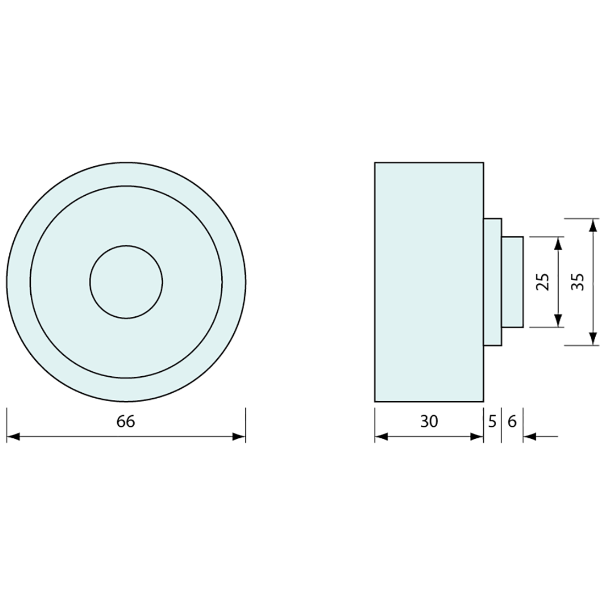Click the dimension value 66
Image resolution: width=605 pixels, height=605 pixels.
125,422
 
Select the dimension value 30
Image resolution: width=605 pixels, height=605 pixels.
429,422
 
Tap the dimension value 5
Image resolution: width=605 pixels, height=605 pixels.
492,422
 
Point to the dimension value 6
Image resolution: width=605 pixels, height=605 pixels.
512,422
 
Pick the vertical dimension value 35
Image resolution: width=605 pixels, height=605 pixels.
578,282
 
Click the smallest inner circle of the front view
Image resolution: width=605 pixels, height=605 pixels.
126,282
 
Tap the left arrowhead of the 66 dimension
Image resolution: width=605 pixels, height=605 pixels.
13,437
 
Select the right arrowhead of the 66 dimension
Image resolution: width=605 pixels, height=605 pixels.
239,437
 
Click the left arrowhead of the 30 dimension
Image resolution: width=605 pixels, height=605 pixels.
381,437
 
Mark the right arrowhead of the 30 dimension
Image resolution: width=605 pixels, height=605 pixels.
477,437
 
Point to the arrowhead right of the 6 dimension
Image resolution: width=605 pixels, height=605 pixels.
530,437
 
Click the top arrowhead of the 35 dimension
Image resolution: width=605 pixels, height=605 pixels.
592,226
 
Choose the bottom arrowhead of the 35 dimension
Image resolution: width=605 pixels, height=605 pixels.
592,339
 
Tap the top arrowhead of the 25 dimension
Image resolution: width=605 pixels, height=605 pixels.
558,244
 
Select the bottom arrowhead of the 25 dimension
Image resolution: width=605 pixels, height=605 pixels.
558,320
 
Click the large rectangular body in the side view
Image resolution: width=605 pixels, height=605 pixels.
429,282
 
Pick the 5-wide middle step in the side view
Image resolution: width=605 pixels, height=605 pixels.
493,282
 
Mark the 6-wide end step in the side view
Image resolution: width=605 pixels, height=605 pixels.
512,282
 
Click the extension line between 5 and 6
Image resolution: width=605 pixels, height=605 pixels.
502,424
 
